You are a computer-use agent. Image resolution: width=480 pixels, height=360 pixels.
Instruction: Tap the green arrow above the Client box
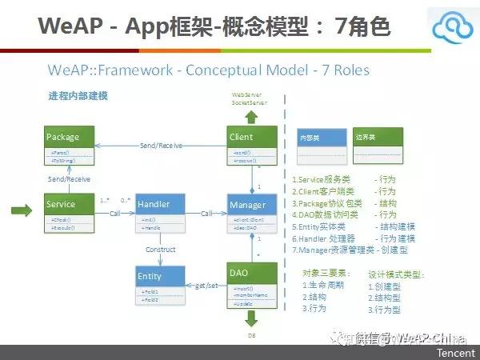(x=251, y=116)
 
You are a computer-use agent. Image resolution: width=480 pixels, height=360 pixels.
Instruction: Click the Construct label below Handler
(x=160, y=249)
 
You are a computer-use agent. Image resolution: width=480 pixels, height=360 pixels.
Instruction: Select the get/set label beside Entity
(x=206, y=284)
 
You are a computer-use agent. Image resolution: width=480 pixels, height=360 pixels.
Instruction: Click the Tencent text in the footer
(x=454, y=352)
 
